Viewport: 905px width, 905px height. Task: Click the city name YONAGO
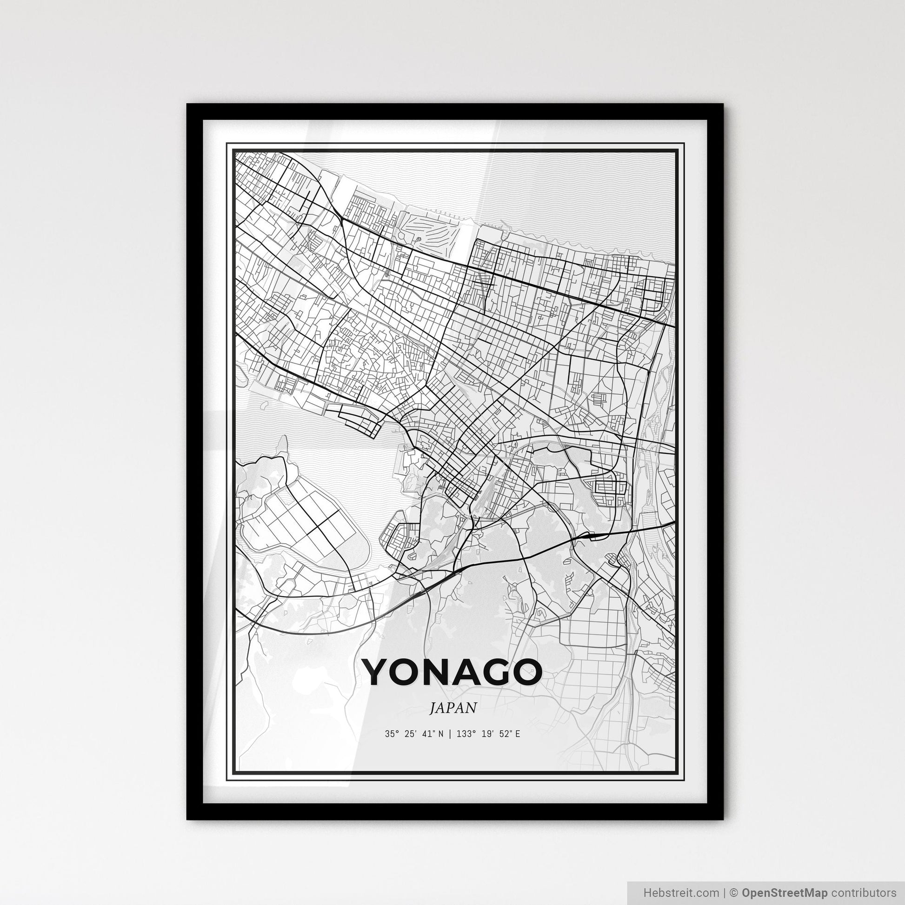(452, 672)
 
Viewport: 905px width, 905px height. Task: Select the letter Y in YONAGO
(378, 672)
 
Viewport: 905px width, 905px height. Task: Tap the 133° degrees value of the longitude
(465, 734)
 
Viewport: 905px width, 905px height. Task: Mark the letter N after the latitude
(440, 734)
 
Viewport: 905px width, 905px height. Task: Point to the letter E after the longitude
(517, 734)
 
